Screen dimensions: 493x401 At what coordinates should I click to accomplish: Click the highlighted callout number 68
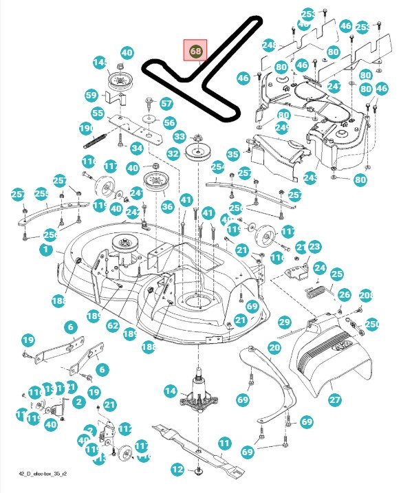point(195,51)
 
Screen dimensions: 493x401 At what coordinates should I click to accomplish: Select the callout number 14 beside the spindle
point(170,391)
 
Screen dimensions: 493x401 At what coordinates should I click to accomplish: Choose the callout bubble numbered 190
point(86,129)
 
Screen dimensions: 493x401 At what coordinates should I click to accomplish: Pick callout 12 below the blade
point(177,470)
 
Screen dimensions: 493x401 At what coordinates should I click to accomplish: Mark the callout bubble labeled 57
point(166,104)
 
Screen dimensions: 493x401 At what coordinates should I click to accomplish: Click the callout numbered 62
point(113,326)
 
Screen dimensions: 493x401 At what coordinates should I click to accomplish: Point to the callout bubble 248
point(269,45)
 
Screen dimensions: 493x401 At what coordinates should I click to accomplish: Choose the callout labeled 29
point(284,322)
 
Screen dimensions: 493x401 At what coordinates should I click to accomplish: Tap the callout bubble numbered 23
point(314,247)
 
